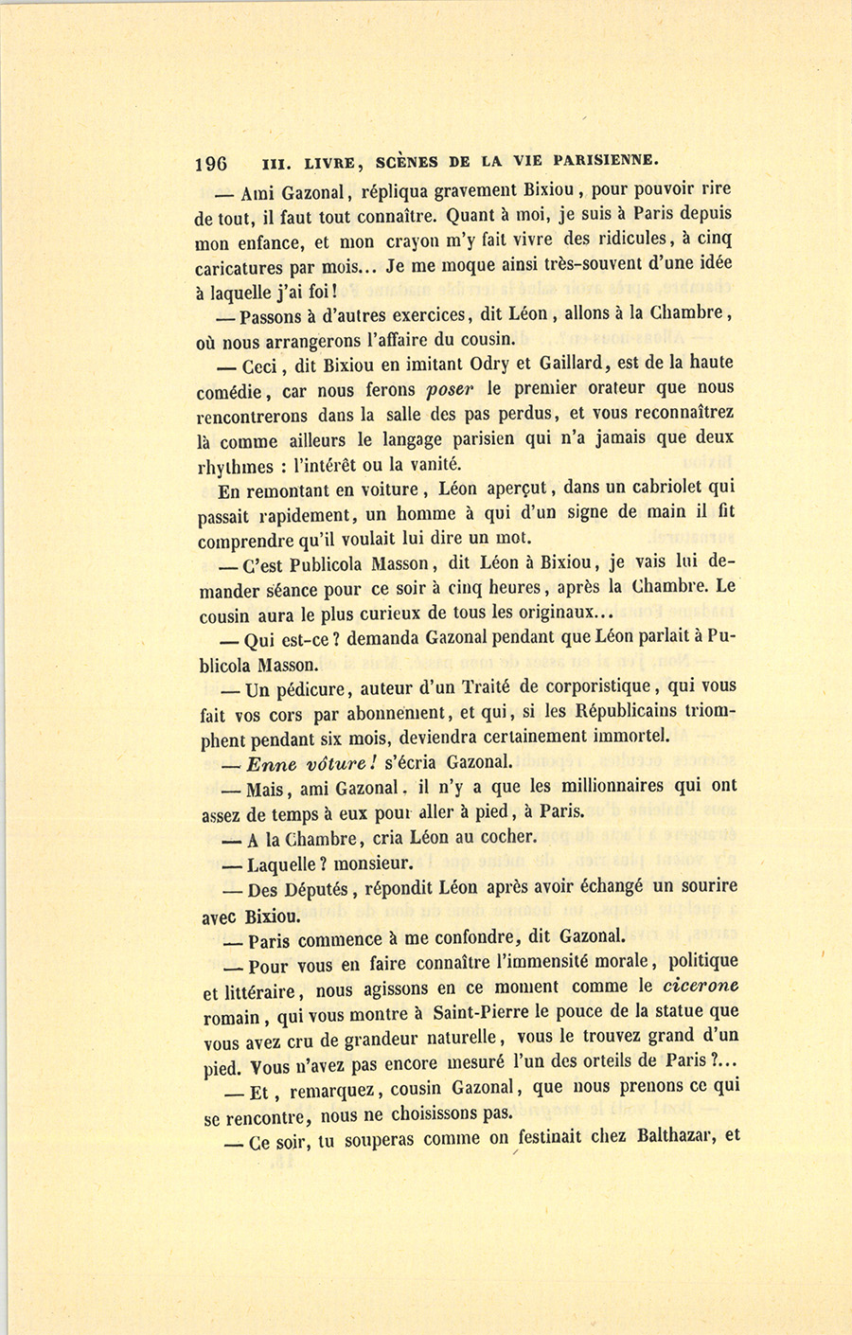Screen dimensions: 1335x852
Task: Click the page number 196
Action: pos(210,163)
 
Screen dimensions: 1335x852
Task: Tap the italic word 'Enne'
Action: pos(271,764)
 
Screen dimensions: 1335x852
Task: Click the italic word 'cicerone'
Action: pos(701,986)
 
